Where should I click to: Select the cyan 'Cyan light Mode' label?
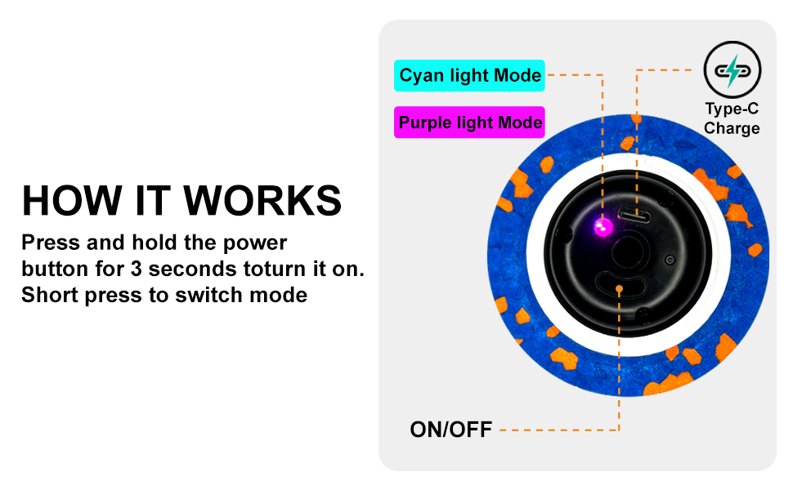point(470,76)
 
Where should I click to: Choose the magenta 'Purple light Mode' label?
point(470,122)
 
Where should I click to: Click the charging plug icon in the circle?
point(732,70)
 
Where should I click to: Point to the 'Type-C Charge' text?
point(732,118)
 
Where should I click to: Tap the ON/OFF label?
point(450,430)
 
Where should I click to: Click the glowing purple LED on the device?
point(603,226)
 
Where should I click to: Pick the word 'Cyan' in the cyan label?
point(422,76)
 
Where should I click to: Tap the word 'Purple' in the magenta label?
point(428,122)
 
